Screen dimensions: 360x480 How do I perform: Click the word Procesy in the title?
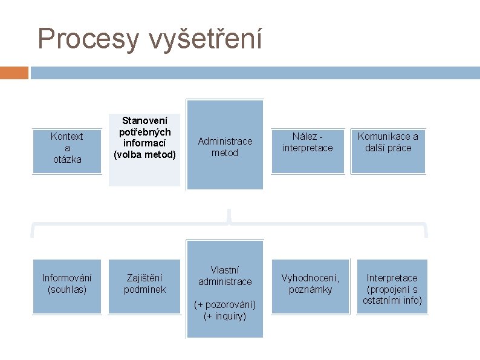coord(88,39)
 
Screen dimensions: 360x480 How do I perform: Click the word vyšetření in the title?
coord(204,39)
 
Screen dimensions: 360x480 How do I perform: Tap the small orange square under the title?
coord(14,73)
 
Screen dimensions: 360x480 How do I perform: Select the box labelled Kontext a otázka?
coord(66,148)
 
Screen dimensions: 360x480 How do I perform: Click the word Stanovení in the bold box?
coord(144,120)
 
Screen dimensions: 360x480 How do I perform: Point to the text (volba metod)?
coord(144,154)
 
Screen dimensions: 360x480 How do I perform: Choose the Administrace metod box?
coord(225,146)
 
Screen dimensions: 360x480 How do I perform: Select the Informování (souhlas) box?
coord(66,284)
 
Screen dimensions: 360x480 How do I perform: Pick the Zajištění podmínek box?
coord(144,284)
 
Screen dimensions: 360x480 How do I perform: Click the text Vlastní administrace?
coord(225,276)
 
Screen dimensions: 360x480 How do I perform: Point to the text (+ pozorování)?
coord(225,304)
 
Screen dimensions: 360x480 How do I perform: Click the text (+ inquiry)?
coord(225,315)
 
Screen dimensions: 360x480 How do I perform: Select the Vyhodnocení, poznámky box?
coord(310,284)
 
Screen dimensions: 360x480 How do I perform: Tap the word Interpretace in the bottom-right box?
coord(392,278)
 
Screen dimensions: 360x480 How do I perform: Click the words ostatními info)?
coord(392,300)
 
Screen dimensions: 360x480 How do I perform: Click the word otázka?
coord(66,159)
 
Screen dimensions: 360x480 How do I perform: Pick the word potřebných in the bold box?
coord(144,131)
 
